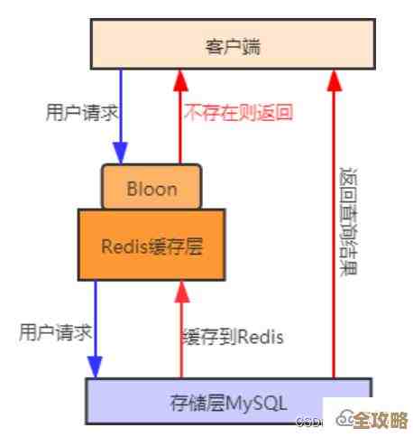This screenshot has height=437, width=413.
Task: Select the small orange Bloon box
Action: click(151, 188)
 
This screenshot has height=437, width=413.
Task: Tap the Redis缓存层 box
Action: click(151, 245)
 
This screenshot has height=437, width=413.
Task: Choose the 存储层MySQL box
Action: click(227, 401)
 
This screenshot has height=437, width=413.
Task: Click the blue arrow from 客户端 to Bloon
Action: click(121, 117)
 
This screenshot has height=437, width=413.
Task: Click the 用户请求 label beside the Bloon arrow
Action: click(82, 114)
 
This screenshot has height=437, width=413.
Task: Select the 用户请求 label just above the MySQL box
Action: click(55, 332)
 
